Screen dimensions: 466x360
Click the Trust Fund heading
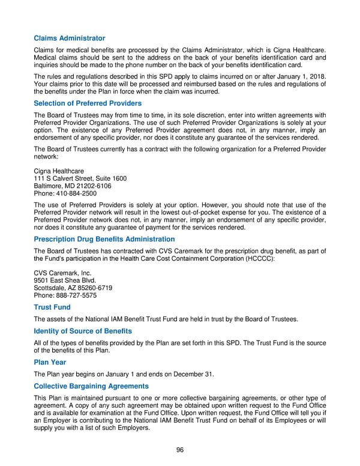click(x=52, y=307)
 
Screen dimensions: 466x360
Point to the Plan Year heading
click(x=50, y=362)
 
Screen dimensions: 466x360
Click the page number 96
click(x=179, y=450)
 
